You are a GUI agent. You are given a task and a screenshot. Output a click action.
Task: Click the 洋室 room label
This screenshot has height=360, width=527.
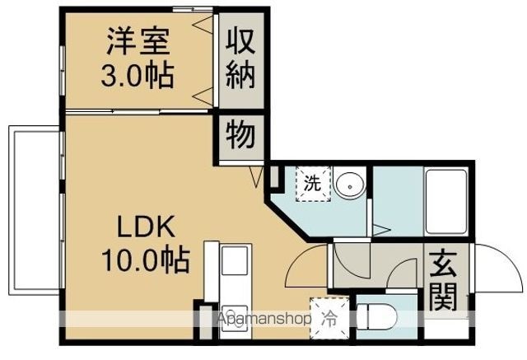point(138,41)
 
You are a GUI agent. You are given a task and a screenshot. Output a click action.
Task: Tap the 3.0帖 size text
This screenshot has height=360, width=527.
point(138,75)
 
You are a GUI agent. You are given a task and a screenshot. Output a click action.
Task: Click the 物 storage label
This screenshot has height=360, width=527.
point(240,135)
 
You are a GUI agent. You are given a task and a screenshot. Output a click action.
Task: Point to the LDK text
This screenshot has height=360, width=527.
point(146,227)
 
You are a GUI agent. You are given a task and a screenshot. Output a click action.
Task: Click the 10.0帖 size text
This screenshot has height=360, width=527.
point(146,260)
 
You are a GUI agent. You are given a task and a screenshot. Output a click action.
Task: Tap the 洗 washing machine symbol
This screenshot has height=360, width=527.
point(313,184)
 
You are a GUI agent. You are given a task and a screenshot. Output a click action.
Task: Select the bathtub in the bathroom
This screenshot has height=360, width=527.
point(446,202)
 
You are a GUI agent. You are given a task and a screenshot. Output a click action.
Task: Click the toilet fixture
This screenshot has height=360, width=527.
point(376,316)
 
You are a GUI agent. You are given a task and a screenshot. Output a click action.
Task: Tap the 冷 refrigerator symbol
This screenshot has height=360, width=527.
point(329,318)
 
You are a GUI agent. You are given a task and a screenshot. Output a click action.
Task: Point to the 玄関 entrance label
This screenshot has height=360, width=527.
point(443,280)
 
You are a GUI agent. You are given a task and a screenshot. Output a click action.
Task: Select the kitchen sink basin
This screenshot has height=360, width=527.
point(235,261)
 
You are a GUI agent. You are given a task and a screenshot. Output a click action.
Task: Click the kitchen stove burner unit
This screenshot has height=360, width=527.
point(235,321)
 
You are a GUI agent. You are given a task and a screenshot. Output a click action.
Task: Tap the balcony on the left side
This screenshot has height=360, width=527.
point(35,210)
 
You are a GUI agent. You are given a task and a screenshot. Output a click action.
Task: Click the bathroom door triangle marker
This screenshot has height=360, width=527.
point(381,231)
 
